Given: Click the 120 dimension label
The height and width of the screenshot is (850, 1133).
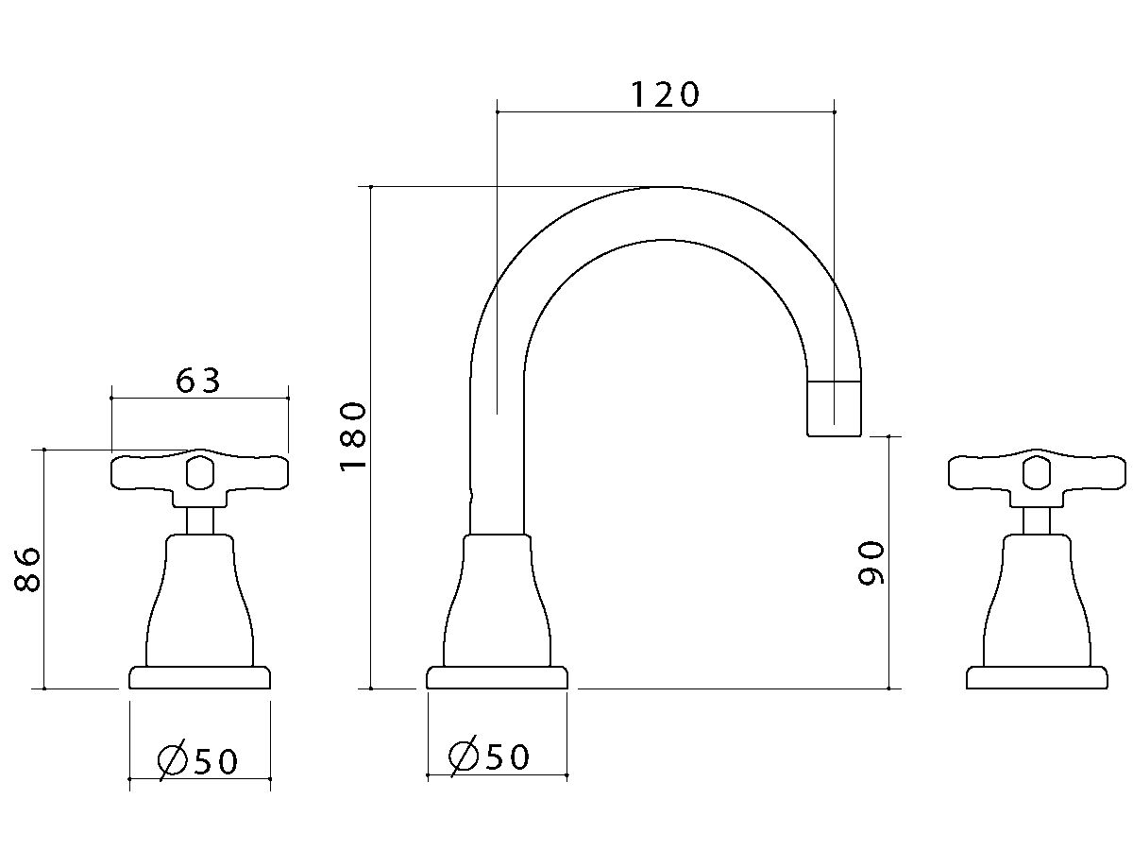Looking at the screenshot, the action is (x=665, y=94).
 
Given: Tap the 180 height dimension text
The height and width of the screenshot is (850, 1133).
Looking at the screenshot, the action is (x=353, y=437).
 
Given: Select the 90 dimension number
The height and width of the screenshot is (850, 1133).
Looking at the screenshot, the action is (x=871, y=563).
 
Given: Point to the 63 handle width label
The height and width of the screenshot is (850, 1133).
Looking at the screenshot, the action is (x=198, y=381).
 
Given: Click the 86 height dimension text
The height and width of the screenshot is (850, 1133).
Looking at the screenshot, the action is (x=27, y=569).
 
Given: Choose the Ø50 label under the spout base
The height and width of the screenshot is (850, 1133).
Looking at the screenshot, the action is (x=489, y=756).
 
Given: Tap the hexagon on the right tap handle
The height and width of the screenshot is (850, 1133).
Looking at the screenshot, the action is (x=1037, y=473).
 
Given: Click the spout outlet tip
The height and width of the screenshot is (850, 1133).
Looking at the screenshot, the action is (x=834, y=409).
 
